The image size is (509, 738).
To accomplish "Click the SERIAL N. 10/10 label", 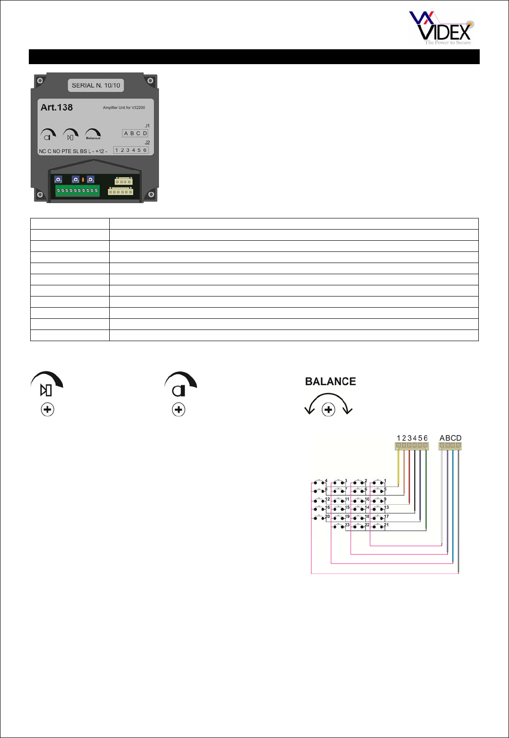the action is point(96,86).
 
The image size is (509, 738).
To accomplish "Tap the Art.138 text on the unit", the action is point(57,107).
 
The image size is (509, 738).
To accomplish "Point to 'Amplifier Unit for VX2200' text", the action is point(124,108).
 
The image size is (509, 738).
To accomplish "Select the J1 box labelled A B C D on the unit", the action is point(135,133).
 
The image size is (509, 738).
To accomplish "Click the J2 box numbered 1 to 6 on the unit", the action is point(131,150).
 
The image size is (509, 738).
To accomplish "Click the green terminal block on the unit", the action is point(77,191).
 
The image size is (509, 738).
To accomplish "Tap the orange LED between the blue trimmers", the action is point(83,179).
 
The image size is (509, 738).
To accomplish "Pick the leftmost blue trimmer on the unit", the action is point(58,179).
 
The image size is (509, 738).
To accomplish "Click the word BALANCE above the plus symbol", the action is point(331,382).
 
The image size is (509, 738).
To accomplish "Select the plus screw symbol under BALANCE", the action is point(329,410).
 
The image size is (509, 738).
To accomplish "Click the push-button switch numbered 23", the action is point(339,527).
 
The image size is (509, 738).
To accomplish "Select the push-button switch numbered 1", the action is point(378,482).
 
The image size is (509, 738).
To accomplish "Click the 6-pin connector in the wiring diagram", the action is point(412,446).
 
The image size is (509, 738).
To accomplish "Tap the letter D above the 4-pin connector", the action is point(459,438).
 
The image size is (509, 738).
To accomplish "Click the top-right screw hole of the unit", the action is point(150,81).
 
